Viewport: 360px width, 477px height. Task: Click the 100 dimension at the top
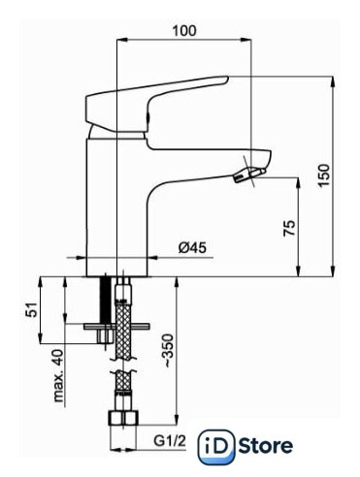[x=184, y=31]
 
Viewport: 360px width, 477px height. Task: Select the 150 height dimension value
[x=324, y=175]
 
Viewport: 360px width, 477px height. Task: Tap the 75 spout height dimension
[x=290, y=228]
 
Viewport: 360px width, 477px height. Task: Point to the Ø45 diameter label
[x=192, y=248]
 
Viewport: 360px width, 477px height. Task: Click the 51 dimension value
[x=32, y=309]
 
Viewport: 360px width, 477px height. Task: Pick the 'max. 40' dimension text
[x=58, y=375]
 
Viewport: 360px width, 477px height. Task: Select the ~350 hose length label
[x=169, y=351]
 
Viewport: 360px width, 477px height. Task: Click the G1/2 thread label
[x=170, y=440]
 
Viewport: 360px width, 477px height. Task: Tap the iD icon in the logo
[x=215, y=447]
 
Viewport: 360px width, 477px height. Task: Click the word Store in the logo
[x=266, y=446]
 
